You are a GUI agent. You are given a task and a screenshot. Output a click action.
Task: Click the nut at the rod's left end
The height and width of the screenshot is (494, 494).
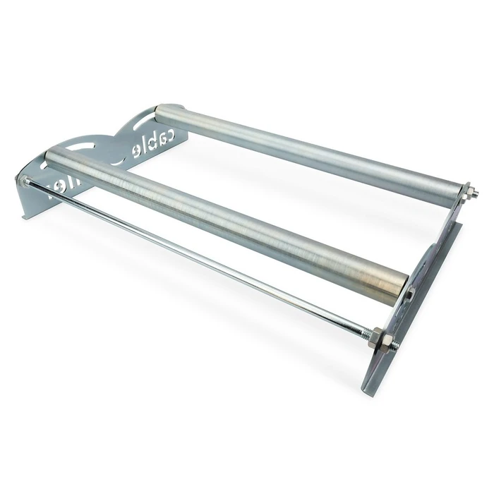tap(25, 181)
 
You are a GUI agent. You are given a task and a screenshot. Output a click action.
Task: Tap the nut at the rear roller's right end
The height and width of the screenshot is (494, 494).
tap(466, 191)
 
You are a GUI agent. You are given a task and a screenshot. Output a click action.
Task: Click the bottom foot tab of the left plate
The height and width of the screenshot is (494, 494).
tap(28, 209)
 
